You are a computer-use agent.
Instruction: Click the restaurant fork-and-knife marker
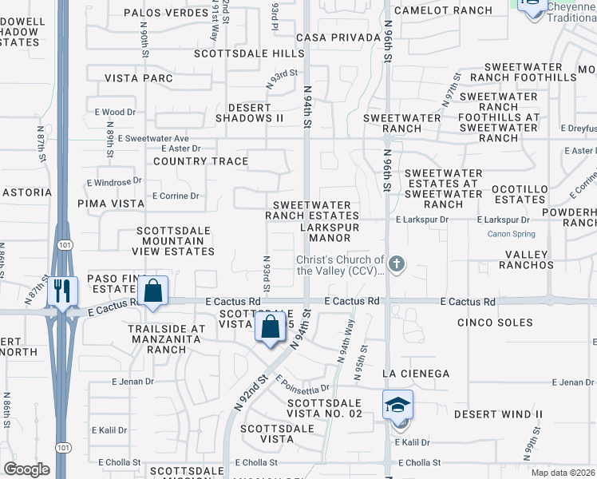point(61,291)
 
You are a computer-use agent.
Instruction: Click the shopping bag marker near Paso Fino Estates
point(155,291)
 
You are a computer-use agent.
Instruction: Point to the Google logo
point(26,469)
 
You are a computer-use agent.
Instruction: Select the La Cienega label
point(416,374)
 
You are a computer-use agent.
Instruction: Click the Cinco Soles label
point(495,323)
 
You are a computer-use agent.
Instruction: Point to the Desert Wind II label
point(498,414)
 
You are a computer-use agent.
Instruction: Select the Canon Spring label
point(511,234)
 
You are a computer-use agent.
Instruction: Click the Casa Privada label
point(327,38)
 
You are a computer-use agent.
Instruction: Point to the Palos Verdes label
point(166,13)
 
